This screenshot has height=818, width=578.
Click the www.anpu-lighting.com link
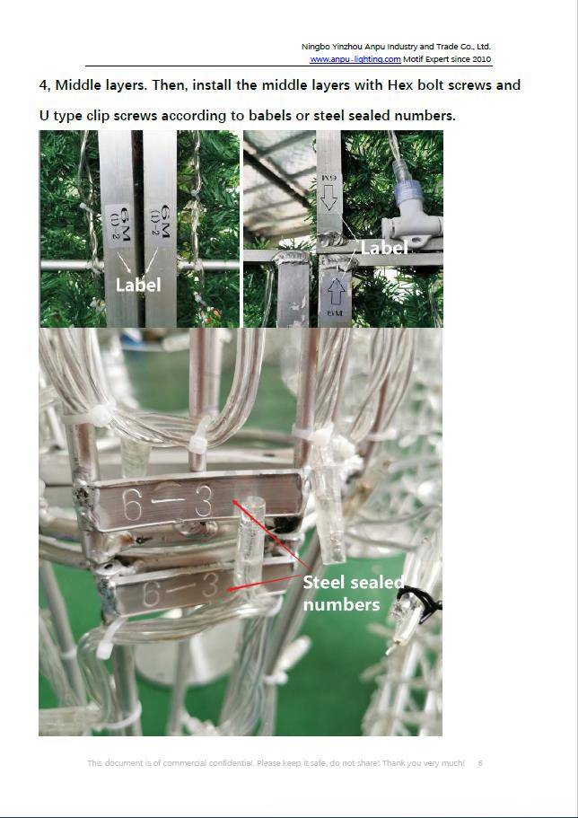coord(355,59)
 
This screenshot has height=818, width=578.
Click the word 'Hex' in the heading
coord(400,85)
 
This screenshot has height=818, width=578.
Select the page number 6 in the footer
coord(480,762)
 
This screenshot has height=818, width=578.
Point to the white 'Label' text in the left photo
coord(138,285)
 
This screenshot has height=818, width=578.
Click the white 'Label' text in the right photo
coord(384,248)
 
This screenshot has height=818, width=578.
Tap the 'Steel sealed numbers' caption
coord(353,594)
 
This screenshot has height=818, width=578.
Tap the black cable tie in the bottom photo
coord(425,603)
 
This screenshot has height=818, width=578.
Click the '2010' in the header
coord(481,59)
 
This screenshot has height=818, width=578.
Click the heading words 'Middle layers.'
coord(101,85)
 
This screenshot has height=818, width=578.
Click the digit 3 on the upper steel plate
coord(203,501)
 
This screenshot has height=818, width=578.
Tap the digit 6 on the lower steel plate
coord(152,594)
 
